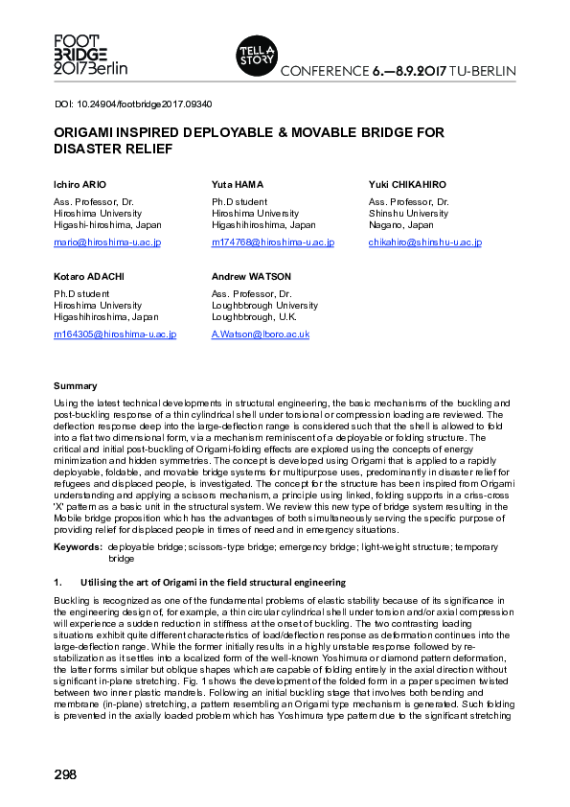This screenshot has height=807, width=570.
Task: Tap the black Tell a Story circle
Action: [x=255, y=55]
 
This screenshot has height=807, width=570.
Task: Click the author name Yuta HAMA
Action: [x=238, y=184]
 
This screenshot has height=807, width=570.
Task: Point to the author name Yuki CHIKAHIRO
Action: [x=407, y=184]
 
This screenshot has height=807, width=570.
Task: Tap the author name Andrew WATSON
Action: [x=251, y=276]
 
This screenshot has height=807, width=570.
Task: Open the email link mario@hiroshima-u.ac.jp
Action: [x=107, y=242]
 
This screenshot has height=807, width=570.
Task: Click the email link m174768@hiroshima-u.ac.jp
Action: [x=272, y=242]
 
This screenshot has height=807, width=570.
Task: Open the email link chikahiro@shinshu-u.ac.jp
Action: [x=424, y=242]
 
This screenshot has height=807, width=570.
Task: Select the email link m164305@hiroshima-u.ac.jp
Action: [x=115, y=334]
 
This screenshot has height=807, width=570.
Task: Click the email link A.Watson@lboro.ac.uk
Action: [x=260, y=334]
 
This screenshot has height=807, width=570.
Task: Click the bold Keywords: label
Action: [x=78, y=545]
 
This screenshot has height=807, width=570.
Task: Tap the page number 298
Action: [x=65, y=773]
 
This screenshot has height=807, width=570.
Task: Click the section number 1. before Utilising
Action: [x=57, y=582]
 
